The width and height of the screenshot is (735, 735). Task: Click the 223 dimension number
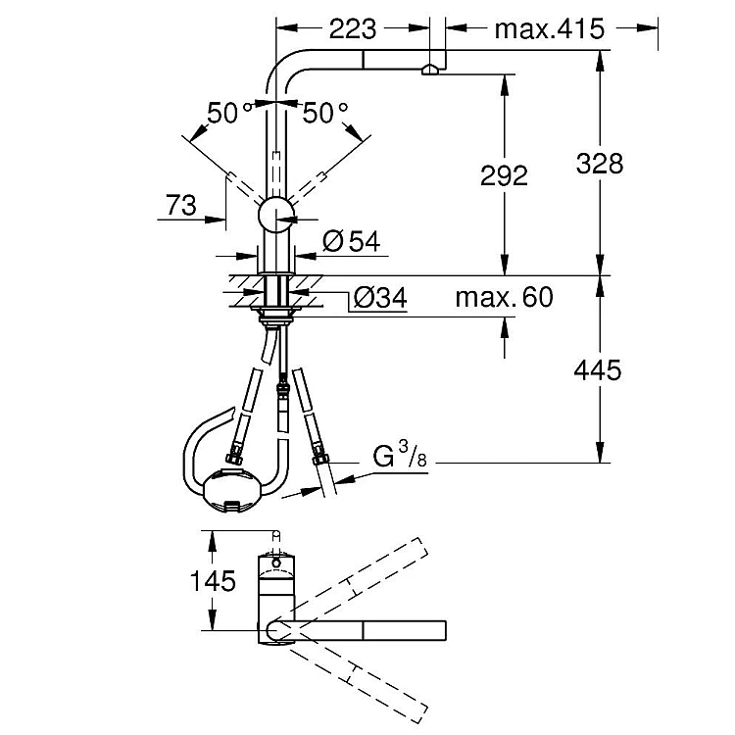coord(353,29)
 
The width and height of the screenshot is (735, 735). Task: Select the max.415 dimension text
coord(550,29)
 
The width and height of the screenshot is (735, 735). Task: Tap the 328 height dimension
coord(600,164)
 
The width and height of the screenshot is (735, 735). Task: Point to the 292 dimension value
coord(504,175)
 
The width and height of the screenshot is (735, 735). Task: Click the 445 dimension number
coord(598,369)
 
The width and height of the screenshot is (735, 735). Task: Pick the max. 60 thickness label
coord(504,297)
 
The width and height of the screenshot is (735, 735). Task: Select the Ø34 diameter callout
coord(380,297)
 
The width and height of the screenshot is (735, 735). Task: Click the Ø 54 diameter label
coord(352,241)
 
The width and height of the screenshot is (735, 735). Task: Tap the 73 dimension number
coord(181,206)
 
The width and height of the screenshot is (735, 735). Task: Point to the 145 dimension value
coord(213,581)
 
